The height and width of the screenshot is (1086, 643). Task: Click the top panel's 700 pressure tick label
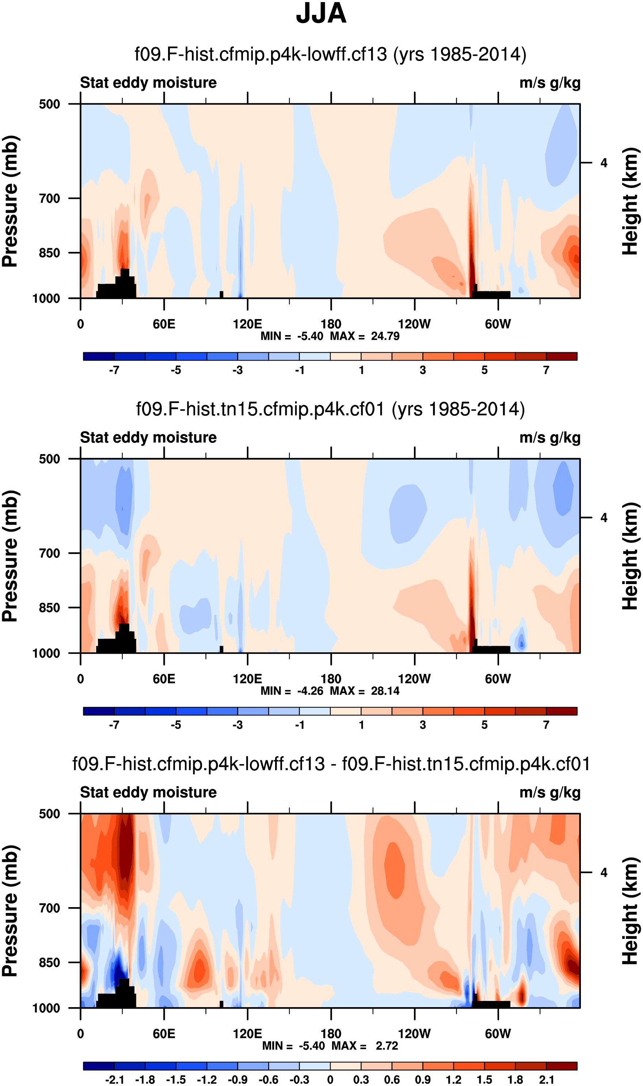[x=49, y=199]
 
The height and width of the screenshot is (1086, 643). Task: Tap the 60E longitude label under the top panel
[x=164, y=324]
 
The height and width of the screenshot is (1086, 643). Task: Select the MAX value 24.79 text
[x=385, y=336]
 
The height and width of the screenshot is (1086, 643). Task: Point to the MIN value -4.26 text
[x=310, y=691]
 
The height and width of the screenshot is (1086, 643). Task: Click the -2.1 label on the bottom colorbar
[x=114, y=1079]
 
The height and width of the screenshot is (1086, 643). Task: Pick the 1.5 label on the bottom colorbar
[x=484, y=1079]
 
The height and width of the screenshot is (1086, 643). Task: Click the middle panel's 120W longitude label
[x=414, y=679]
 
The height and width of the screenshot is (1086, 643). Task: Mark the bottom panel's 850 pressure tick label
[x=49, y=962]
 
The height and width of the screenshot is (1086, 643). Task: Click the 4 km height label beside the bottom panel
[x=604, y=872]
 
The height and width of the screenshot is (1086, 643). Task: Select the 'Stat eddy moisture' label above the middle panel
[x=148, y=438]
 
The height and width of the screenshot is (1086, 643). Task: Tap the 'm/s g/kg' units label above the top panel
[x=550, y=82]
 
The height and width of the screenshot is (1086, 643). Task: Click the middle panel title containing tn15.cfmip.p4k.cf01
[x=330, y=409]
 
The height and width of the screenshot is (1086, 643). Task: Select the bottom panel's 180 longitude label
[x=331, y=1034]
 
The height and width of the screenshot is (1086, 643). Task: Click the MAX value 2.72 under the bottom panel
[x=387, y=1046]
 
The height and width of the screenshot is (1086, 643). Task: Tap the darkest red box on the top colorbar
[x=562, y=356]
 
